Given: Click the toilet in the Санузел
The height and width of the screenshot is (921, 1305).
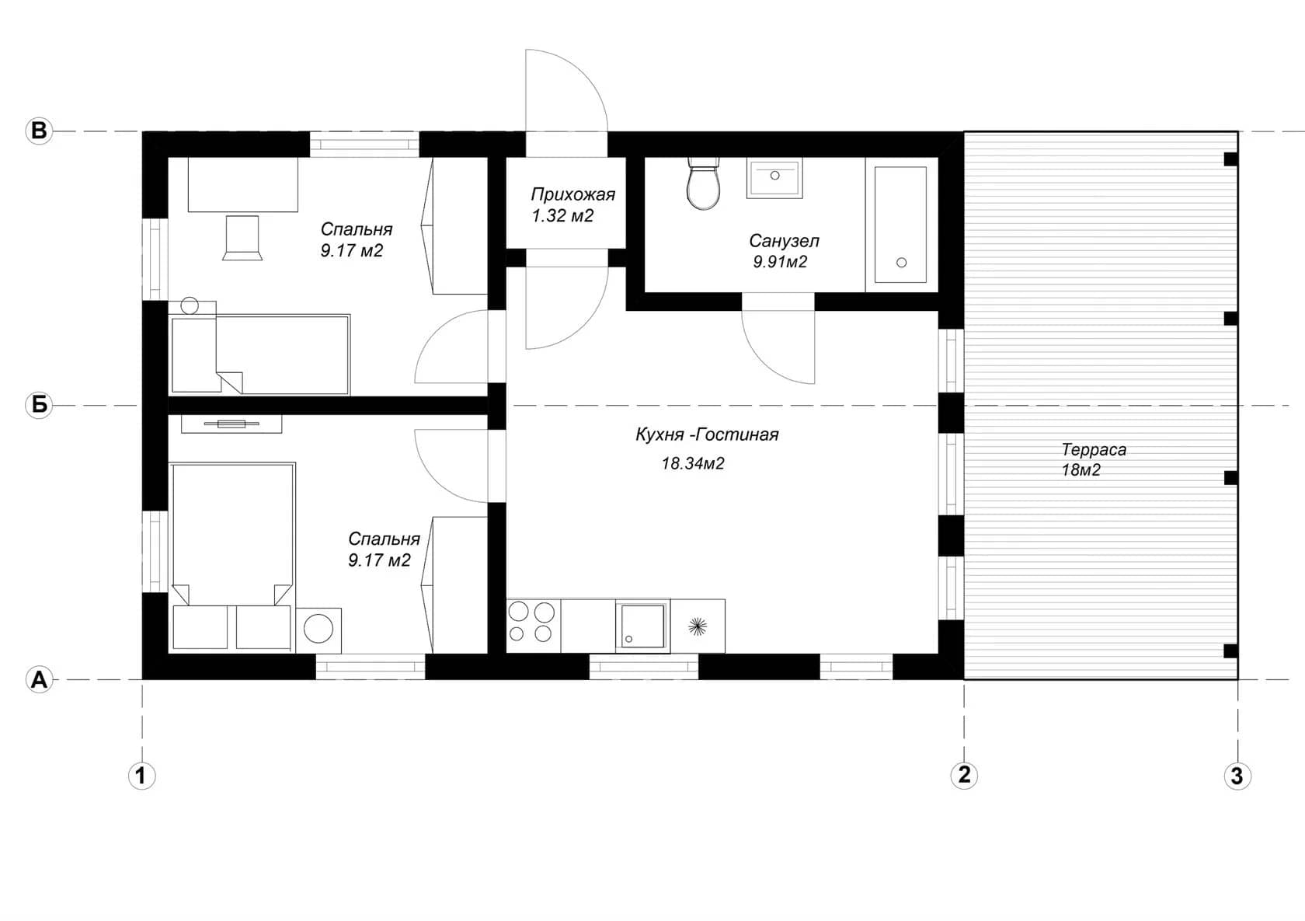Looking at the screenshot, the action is coord(703,183).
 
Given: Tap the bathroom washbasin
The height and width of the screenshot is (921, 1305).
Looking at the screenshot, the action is coord(774,178).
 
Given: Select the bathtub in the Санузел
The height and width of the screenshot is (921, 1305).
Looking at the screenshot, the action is coord(901,225).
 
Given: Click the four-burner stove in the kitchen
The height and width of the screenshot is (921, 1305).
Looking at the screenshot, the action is coord(533,626).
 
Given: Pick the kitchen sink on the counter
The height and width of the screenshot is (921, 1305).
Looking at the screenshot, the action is coord(642,626).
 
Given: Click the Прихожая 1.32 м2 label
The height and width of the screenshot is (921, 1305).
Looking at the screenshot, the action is coord(572,204).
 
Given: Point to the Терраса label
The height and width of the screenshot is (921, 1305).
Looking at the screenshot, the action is coord(1094,449).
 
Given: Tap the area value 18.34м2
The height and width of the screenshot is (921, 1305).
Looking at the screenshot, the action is coord(693,463).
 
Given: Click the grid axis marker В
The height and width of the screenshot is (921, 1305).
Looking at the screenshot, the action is coord(39,131).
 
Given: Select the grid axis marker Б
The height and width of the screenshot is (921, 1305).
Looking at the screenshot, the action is coord(39,404).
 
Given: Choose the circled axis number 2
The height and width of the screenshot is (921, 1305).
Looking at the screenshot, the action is coord(964,775).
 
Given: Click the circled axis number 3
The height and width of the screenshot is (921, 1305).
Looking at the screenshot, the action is coord(1237,776).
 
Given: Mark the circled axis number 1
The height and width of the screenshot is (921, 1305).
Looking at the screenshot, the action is coord(141,776).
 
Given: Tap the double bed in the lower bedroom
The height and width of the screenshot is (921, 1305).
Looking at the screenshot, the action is coord(231,556).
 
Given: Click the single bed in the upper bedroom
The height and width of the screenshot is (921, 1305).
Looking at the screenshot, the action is coord(259,354).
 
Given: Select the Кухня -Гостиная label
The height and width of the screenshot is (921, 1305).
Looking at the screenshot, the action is coord(707,434).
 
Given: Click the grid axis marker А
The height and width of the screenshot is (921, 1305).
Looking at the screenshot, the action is coord(39,679).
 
